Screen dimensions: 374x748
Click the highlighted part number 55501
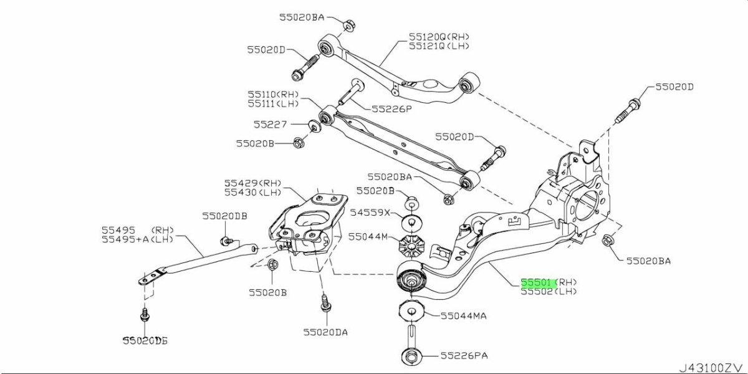point(537,282)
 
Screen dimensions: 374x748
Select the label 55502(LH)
point(549,292)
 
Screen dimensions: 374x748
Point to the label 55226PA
point(464,356)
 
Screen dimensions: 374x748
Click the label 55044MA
point(463,316)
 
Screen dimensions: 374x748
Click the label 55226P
point(392,108)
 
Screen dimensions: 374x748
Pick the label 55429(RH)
point(252,183)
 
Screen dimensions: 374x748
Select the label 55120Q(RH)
point(439,36)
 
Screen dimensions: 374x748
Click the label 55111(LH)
point(273,103)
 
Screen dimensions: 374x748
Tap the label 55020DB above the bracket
point(224,216)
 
